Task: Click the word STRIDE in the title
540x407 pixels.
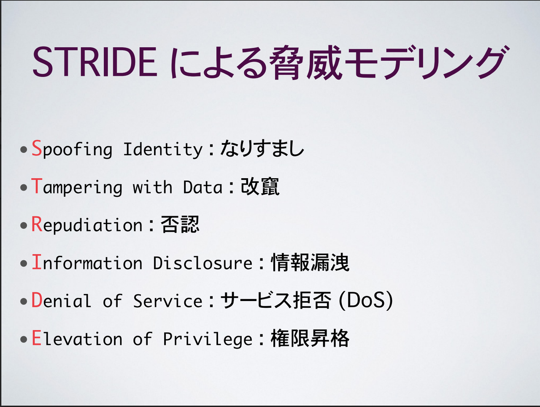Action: click(x=95, y=62)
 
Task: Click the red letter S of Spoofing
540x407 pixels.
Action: click(x=37, y=148)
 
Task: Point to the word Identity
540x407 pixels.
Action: click(x=163, y=149)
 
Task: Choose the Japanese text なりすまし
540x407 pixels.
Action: click(x=262, y=148)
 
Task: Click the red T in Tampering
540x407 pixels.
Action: click(x=37, y=186)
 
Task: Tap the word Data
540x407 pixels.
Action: click(x=202, y=187)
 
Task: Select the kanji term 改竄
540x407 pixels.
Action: click(x=260, y=186)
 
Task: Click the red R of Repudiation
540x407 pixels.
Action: click(x=37, y=224)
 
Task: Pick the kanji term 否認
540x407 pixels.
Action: click(x=180, y=224)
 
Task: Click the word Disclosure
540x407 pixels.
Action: click(x=203, y=263)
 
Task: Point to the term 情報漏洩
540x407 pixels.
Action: click(x=310, y=262)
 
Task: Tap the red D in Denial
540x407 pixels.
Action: click(x=37, y=299)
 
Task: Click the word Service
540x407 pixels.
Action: click(x=168, y=301)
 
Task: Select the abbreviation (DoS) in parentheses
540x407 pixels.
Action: click(x=366, y=300)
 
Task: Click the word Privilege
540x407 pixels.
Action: click(x=208, y=339)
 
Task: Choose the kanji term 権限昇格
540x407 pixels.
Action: click(x=310, y=338)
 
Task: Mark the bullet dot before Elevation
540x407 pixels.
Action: click(x=24, y=339)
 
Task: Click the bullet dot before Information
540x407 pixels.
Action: click(x=24, y=263)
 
